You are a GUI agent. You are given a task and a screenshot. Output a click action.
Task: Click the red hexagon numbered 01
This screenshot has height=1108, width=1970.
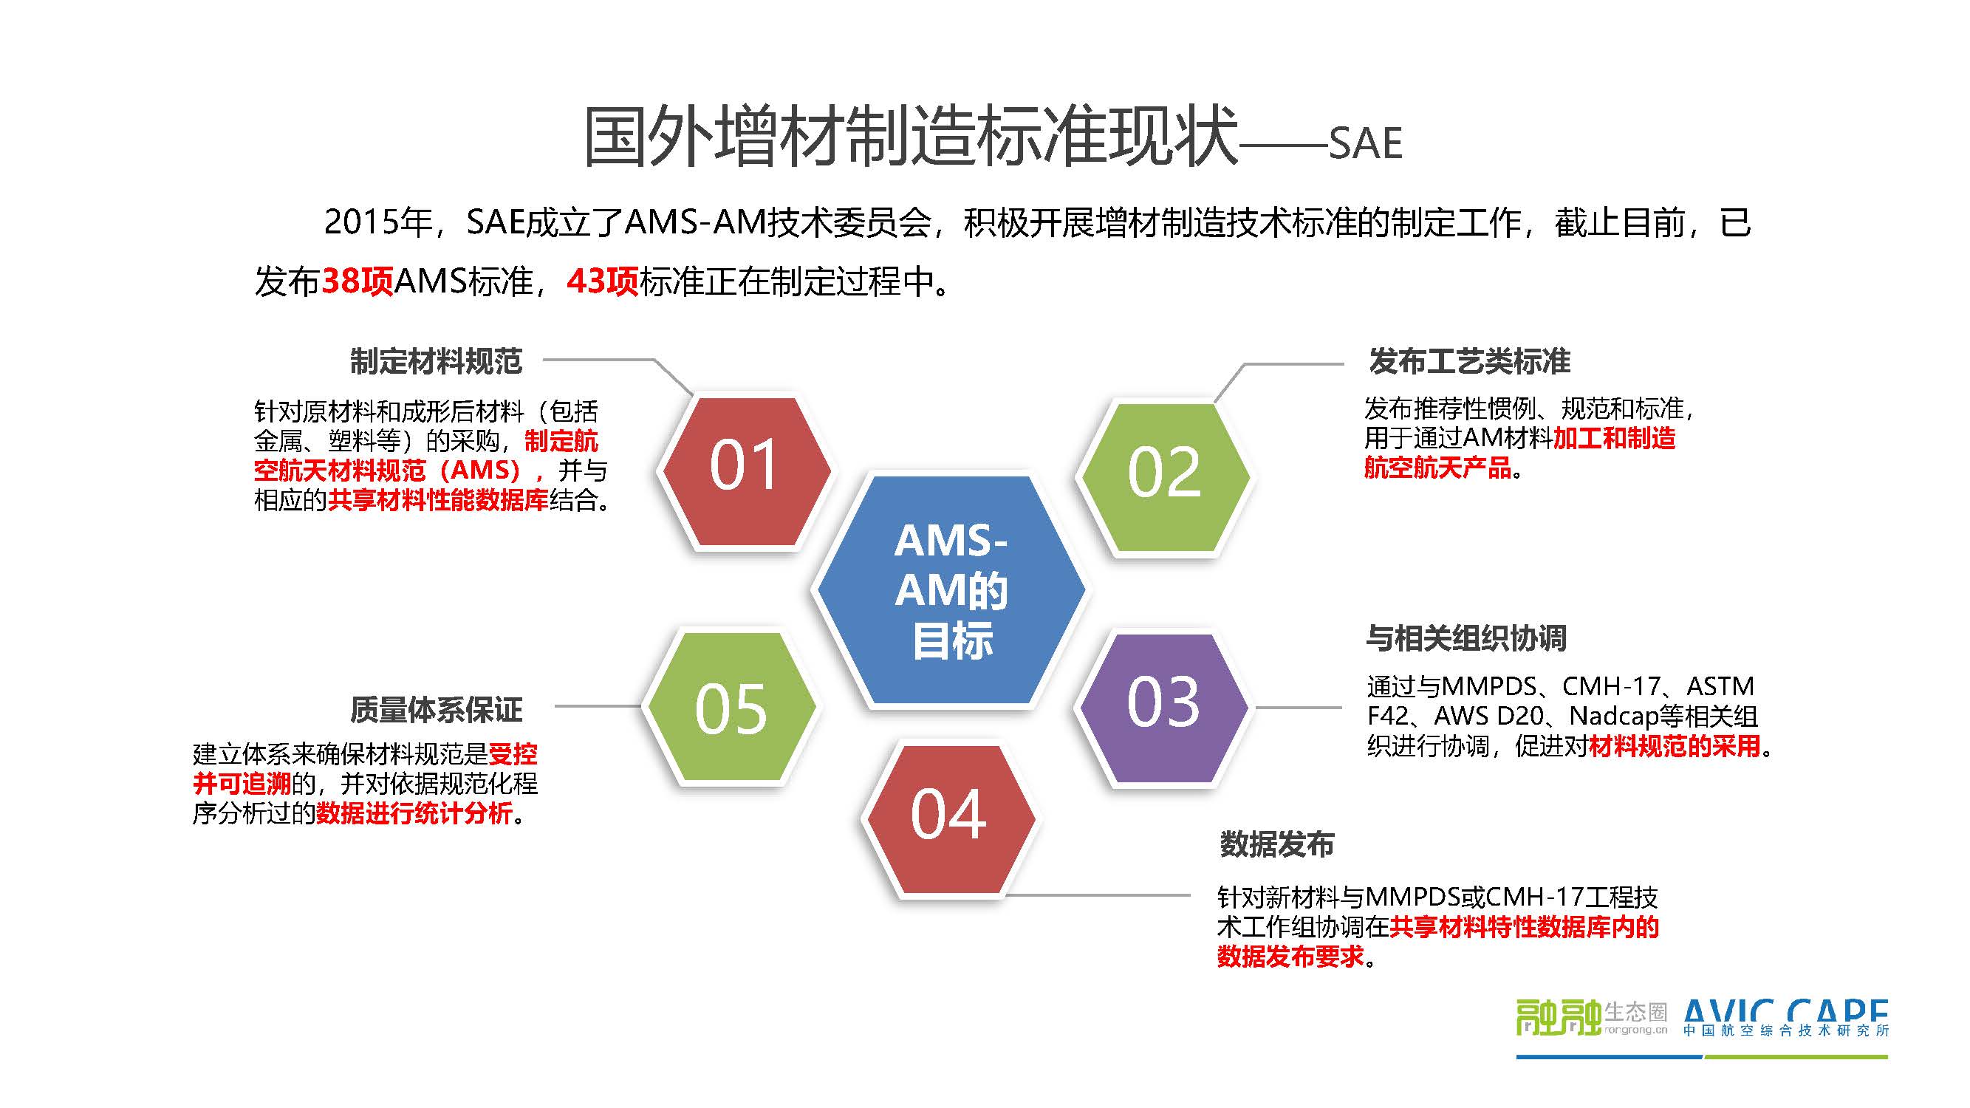(x=746, y=471)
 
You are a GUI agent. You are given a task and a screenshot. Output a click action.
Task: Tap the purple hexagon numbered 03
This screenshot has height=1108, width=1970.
(x=1163, y=708)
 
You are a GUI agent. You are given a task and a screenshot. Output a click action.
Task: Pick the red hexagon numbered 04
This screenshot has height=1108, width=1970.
(x=948, y=819)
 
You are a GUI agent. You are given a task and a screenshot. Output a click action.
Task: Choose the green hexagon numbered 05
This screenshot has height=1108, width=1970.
(x=731, y=707)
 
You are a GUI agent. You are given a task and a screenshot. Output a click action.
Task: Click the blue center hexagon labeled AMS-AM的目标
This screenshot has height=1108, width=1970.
(x=951, y=589)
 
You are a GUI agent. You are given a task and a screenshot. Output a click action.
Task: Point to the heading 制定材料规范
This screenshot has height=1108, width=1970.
(x=436, y=361)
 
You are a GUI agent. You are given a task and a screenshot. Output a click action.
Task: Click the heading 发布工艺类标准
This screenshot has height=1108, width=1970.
(x=1469, y=361)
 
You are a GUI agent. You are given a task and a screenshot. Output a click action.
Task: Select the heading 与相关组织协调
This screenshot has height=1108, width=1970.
(x=1466, y=637)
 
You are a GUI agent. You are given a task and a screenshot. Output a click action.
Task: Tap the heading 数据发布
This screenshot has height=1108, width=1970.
(x=1276, y=844)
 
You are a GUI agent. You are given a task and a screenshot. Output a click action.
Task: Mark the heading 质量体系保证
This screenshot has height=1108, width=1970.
(x=436, y=710)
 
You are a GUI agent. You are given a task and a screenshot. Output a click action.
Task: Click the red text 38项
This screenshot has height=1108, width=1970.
(x=357, y=281)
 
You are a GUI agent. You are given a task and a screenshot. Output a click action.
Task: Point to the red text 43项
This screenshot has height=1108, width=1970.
(x=603, y=281)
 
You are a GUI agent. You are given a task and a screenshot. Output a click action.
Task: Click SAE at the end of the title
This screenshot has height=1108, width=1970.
(x=1365, y=144)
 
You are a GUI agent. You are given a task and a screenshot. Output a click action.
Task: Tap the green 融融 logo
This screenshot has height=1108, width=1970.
(x=1558, y=1018)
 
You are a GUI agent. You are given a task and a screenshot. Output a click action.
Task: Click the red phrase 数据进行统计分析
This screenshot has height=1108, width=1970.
(x=414, y=813)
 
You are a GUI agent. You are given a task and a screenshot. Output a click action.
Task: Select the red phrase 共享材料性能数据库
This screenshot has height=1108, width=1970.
(x=438, y=500)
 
